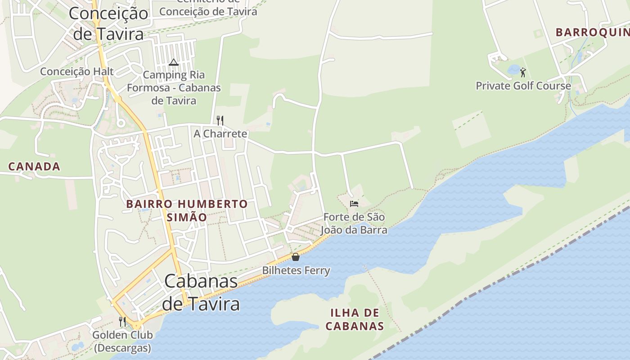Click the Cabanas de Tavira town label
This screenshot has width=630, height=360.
[x=201, y=292]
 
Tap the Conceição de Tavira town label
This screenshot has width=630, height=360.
[x=108, y=23]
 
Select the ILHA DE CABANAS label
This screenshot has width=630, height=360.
[x=355, y=319]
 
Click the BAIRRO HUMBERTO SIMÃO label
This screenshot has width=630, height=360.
[x=187, y=210]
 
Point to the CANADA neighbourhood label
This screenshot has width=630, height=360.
[x=34, y=166]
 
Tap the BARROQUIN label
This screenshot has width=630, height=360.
[x=592, y=32]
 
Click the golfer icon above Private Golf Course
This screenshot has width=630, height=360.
[x=523, y=72]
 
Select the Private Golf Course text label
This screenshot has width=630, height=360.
[x=523, y=85]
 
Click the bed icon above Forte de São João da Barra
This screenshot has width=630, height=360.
[x=354, y=204]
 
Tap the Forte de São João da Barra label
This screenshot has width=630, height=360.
[x=354, y=224]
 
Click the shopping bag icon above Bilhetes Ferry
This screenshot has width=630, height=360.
[x=296, y=257]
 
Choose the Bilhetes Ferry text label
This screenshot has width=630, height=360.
[x=296, y=270]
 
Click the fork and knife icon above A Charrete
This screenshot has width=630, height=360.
[x=220, y=120]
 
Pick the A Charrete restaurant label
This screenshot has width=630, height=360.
[x=220, y=134]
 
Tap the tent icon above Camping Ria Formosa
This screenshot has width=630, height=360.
[x=174, y=62]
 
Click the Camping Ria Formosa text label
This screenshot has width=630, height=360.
[x=174, y=87]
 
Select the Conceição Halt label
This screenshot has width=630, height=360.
[x=77, y=72]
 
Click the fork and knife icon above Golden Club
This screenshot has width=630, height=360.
[x=122, y=321]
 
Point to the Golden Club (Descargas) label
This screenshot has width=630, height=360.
[x=122, y=341]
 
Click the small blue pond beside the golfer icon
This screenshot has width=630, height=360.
[x=513, y=69]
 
